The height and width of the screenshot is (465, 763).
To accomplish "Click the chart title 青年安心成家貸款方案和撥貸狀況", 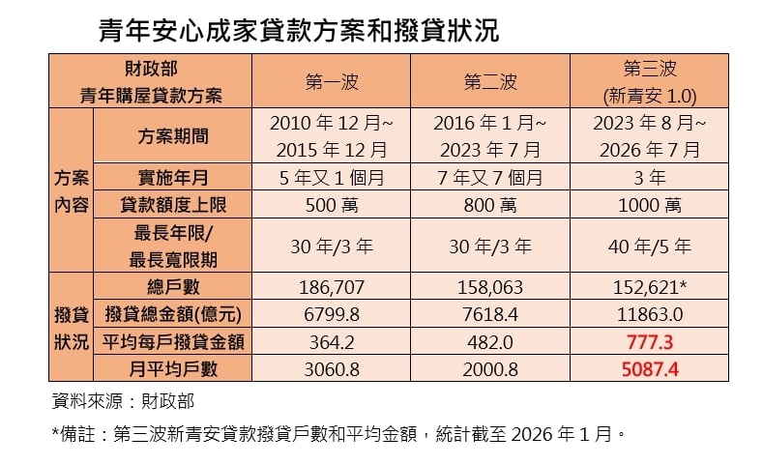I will coord(299,31).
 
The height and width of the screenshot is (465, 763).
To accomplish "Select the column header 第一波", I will coord(332,82).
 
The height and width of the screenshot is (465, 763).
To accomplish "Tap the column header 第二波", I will coord(492,82).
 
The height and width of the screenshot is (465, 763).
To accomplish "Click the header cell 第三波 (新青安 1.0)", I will coord(648,82).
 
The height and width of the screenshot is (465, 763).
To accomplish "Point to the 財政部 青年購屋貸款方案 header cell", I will coord(151,82).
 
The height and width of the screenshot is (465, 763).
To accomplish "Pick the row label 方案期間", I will coord(174,136).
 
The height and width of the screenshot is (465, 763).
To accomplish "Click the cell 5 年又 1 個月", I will coord(332,178).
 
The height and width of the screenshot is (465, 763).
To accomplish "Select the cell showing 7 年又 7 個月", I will coord(492,178).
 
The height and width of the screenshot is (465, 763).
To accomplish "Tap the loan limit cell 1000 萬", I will coord(648,205).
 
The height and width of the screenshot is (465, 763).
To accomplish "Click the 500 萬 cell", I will coord(332,205).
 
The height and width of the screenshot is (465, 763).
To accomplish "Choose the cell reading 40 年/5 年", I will coord(648,246).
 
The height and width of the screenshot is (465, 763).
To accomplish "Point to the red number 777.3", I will coord(648,341).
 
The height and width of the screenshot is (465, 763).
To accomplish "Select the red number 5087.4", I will coord(648,368).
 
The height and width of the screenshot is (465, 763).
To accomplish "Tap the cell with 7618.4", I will coord(492,314).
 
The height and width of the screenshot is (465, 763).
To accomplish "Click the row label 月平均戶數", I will coord(174,368).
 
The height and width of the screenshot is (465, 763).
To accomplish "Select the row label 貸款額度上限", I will coord(174,205).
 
